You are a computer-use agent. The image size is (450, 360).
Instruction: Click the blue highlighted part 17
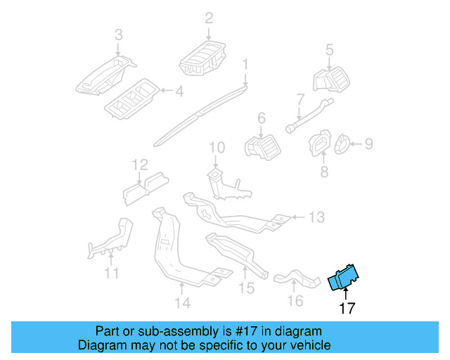coord(344,278)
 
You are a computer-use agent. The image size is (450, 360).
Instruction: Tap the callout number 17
coord(347,308)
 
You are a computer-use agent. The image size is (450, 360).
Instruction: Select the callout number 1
coord(245,65)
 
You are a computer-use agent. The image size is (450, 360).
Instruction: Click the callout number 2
coord(209,18)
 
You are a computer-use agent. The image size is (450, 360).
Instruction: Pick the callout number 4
coord(179,91)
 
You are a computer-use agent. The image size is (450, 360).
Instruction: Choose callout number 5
coord(328,49)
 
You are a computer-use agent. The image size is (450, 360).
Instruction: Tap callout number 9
coord(368,144)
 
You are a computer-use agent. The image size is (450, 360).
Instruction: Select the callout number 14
coord(182,303)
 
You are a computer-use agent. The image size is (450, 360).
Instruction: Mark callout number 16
coord(295,301)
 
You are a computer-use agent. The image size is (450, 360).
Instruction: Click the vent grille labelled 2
coord(204,56)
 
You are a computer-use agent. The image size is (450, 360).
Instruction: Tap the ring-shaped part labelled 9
coord(342,144)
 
